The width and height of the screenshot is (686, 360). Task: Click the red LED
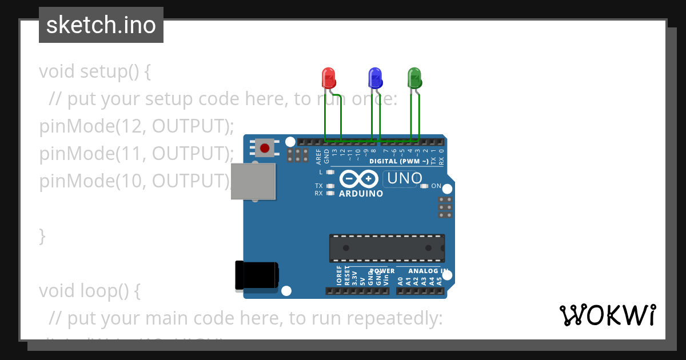(329, 78)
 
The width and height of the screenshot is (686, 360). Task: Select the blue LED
(375, 78)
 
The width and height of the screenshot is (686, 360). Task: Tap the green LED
(414, 78)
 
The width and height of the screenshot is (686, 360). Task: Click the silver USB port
(253, 181)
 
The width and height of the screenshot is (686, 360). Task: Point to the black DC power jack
(257, 275)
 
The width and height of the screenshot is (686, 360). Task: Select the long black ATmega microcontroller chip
(386, 247)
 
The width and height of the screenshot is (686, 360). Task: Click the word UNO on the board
(404, 179)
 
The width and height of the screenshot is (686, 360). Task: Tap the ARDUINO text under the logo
(361, 194)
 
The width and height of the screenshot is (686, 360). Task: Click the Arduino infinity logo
(358, 179)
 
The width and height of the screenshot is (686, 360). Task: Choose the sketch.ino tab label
(101, 25)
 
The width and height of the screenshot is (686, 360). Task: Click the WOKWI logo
(607, 315)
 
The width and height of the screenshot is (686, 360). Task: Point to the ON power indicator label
(436, 186)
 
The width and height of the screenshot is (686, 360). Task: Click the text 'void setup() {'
(95, 72)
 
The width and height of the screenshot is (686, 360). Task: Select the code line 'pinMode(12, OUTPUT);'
(137, 126)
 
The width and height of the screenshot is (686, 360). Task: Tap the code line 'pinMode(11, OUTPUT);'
(137, 154)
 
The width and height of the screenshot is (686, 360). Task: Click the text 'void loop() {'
(89, 291)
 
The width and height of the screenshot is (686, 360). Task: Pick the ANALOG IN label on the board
(428, 271)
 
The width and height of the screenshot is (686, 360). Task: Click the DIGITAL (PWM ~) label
(398, 162)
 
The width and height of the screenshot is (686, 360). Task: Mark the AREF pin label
(318, 156)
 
